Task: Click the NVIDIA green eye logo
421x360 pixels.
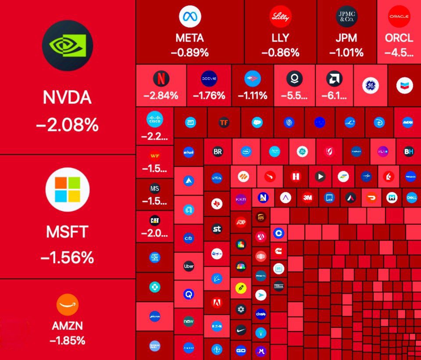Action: pos(68,45)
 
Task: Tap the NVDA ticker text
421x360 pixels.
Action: pos(67,97)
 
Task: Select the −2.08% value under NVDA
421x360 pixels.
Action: pos(67,126)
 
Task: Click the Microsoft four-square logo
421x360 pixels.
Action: pos(68,190)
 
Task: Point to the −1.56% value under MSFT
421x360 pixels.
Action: pos(67,257)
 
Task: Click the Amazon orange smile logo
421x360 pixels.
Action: pos(67,304)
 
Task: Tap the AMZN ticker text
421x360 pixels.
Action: pos(67,326)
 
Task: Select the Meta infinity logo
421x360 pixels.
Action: pos(190,17)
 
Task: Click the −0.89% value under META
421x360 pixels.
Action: pos(190,53)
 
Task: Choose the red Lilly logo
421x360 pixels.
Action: pos(281,17)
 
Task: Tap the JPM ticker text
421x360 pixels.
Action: pos(346,38)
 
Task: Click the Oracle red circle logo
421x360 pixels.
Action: pos(399,17)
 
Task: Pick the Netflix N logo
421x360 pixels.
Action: pos(161,79)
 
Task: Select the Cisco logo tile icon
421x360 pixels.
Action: pos(154,119)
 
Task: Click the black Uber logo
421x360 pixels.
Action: pos(189,266)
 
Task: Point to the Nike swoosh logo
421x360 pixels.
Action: pos(240,329)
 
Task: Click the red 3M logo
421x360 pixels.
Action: pos(307,198)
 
